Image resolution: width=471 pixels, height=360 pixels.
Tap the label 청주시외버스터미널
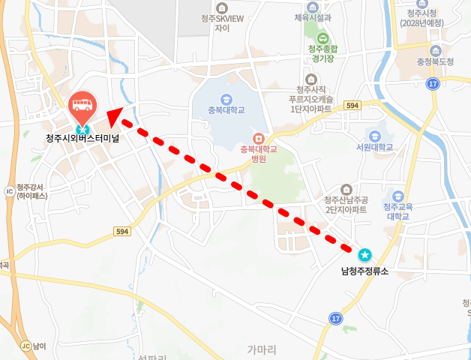pos(82,138)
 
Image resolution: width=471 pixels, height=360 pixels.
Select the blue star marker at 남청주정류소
pos(364,254)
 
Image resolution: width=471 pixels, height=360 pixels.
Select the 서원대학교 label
pos(375,148)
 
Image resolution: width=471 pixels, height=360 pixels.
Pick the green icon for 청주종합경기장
pos(322,39)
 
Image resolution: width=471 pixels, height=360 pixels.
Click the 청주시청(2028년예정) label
pos(421,18)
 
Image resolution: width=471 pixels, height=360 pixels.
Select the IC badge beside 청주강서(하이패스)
pos(9,191)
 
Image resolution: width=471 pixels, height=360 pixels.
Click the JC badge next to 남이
pos(25,346)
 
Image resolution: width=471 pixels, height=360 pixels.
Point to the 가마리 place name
pos(262,349)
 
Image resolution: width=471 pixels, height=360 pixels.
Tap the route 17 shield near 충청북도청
pos(432,84)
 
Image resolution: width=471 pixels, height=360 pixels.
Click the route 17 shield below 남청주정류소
pos(335,319)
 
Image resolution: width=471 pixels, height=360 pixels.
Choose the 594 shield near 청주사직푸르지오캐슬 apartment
pos(354,106)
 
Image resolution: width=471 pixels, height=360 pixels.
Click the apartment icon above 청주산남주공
pos(346,189)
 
